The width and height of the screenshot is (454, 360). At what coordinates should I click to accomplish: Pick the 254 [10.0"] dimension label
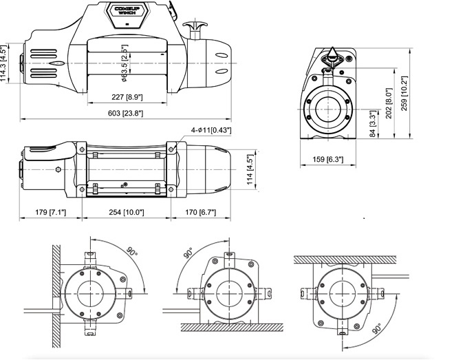point(125,213)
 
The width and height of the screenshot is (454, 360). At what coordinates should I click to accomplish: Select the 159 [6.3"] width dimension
point(328,160)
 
